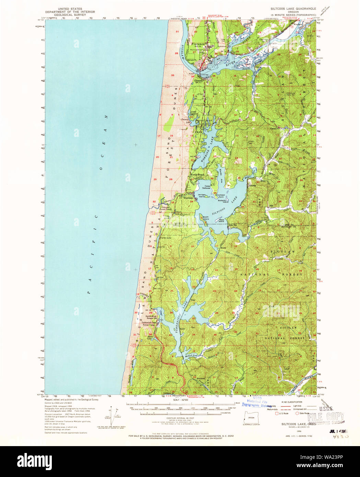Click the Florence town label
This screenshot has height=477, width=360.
(x=198, y=44)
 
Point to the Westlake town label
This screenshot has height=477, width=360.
(x=188, y=198)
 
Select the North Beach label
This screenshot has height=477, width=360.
(x=197, y=175)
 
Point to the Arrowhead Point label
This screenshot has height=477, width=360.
(x=220, y=195)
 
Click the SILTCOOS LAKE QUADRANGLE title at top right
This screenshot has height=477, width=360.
(x=293, y=8)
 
